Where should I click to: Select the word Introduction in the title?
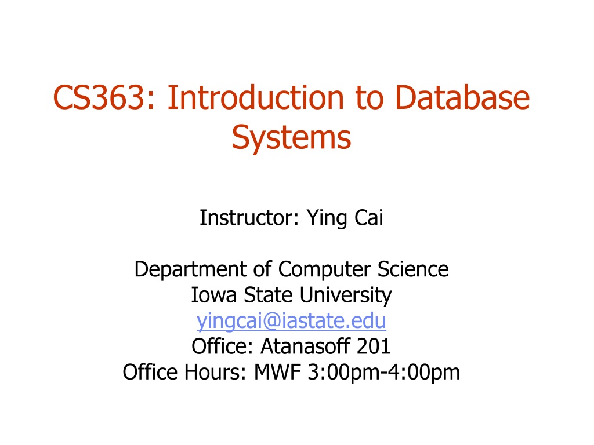point(256,97)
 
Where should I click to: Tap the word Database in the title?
point(462,97)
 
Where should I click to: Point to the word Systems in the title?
point(291,138)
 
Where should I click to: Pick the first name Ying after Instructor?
point(327,218)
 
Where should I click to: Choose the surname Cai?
point(368,218)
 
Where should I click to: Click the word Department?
point(190,270)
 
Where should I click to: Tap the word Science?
point(413,269)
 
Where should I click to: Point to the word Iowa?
point(213,295)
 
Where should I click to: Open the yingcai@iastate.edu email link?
point(291,321)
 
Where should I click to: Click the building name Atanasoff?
point(305,346)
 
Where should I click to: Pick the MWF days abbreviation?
point(277,371)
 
